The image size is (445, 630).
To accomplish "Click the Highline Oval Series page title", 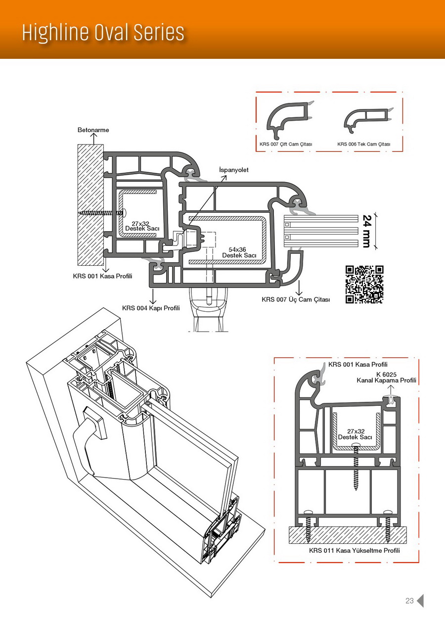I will pos(103,33).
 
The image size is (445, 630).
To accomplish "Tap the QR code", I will pos(364,284).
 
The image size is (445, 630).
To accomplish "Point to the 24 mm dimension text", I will pos(367,231).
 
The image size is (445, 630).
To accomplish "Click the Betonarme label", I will pos(93,130).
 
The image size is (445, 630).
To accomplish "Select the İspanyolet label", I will pos(234,170).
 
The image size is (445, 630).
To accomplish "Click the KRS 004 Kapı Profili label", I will pos(151,308).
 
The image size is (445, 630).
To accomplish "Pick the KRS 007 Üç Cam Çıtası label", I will pos(296,299).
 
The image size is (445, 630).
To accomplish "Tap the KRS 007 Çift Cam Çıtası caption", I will pos(286,144).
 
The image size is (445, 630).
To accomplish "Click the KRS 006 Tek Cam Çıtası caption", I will pos(363,144).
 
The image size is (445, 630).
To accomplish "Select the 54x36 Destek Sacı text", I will pos(239,252).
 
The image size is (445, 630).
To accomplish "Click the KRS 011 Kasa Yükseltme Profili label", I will pos(355,550).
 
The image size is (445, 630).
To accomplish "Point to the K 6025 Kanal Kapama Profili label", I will pos(386,377).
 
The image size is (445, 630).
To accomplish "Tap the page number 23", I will pos(409,601).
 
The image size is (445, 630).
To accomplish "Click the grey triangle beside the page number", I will pos(420,600).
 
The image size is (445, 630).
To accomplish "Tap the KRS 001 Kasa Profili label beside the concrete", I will pos(102,276).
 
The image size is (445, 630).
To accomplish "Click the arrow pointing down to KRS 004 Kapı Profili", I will pos(153,296).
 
